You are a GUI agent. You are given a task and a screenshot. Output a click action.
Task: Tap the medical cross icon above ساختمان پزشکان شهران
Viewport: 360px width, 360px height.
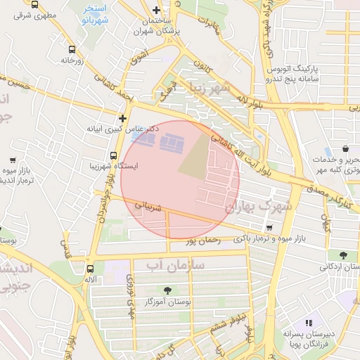156,11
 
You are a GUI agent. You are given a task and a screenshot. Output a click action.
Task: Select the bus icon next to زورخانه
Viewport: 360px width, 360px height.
72,49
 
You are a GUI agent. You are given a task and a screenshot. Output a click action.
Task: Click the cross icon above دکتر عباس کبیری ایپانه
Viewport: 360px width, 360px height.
123,118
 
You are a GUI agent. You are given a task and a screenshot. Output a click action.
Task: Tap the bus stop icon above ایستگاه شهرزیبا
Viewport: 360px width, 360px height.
114,155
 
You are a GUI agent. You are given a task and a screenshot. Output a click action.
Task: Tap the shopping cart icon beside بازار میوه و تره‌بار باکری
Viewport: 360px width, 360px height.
269,228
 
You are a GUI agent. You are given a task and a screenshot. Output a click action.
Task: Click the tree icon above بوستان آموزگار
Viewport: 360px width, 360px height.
167,290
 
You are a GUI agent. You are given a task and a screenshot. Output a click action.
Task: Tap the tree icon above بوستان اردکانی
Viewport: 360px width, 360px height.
343,255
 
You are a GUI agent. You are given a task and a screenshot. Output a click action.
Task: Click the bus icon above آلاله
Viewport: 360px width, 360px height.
90,269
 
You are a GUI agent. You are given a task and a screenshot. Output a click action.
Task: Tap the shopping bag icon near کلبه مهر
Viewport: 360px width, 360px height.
347,149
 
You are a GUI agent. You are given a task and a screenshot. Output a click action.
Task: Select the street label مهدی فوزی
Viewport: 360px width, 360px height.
129,288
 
